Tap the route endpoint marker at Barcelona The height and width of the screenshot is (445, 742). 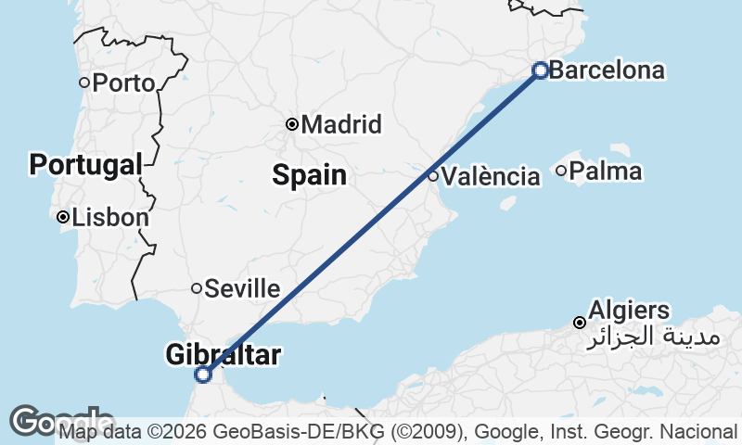click(x=541, y=70)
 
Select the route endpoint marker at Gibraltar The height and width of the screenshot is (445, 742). click(x=203, y=375)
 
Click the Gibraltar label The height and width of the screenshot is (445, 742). click(x=223, y=354)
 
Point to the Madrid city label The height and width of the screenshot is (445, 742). click(x=341, y=124)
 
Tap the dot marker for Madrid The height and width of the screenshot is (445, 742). click(x=292, y=124)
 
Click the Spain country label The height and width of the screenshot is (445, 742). click(x=309, y=174)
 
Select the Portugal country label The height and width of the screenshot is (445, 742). click(x=85, y=166)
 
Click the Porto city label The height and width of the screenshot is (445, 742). click(x=123, y=83)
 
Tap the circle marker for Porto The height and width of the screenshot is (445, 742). click(x=84, y=83)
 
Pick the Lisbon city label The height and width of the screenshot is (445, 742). click(x=109, y=218)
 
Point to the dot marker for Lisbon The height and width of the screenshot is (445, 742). click(x=62, y=218)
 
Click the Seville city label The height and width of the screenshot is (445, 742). click(x=242, y=288)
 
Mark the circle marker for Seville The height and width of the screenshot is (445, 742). click(x=197, y=288)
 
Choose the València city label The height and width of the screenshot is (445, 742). click(x=491, y=176)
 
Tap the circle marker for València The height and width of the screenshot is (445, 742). click(x=433, y=176)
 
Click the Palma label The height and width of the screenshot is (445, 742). click(x=605, y=172)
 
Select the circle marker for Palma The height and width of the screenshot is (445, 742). click(x=561, y=171)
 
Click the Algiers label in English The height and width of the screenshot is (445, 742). click(x=629, y=311)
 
